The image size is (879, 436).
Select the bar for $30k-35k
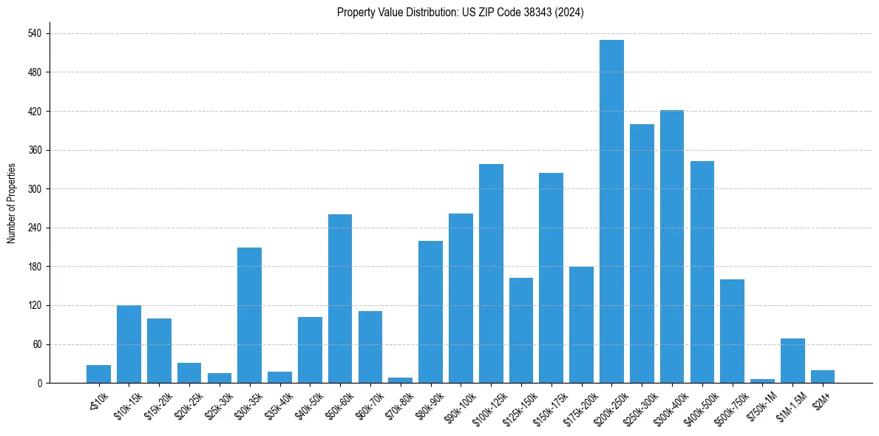click(249, 316)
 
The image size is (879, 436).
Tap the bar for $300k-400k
click(672, 247)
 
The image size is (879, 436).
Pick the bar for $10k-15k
click(129, 344)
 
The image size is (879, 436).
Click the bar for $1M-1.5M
click(793, 361)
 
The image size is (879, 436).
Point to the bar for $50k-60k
click(340, 299)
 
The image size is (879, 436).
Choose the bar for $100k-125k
click(491, 273)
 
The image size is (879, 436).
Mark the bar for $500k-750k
click(732, 331)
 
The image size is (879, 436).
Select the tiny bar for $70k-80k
click(400, 380)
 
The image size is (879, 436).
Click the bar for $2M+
click(823, 377)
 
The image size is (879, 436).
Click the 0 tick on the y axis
click(42, 384)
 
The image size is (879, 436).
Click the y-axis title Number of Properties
click(12, 203)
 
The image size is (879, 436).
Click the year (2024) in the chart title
click(571, 13)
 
